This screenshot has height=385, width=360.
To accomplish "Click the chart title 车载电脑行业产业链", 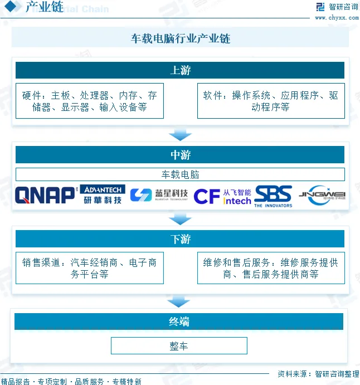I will pyautogui.click(x=180, y=38).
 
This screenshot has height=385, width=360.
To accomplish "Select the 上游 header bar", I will pyautogui.click(x=180, y=70).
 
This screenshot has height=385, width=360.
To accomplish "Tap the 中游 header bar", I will pyautogui.click(x=180, y=154).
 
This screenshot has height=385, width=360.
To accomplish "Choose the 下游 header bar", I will pyautogui.click(x=180, y=239).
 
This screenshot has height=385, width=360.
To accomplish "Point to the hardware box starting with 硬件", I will pyautogui.click(x=90, y=101).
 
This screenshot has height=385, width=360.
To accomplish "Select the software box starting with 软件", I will pyautogui.click(x=271, y=101).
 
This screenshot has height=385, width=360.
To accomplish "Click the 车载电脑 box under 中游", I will pyautogui.click(x=180, y=174).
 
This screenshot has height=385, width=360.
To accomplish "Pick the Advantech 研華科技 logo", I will pyautogui.click(x=103, y=194).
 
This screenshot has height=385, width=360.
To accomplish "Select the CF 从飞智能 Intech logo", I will pyautogui.click(x=222, y=196).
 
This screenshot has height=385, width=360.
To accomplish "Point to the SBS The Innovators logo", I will pyautogui.click(x=273, y=196).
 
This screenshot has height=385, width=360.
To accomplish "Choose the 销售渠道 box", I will pyautogui.click(x=90, y=268).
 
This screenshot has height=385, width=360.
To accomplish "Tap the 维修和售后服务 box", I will pyautogui.click(x=271, y=268).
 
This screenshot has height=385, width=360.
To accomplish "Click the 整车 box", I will pyautogui.click(x=179, y=346).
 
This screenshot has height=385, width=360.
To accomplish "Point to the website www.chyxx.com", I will pyautogui.click(x=337, y=17).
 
